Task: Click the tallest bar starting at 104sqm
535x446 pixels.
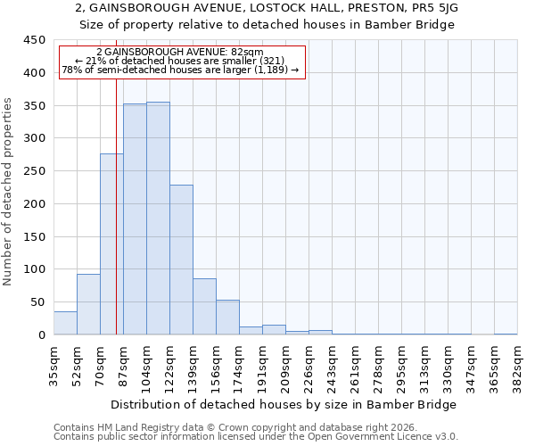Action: (158, 219)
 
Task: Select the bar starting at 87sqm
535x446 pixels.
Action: (135, 219)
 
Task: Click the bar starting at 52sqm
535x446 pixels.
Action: (88, 304)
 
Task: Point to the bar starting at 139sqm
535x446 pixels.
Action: (204, 307)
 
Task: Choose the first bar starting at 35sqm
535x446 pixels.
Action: (65, 323)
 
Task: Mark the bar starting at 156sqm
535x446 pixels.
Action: (227, 318)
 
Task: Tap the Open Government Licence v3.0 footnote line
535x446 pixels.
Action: (256, 437)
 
